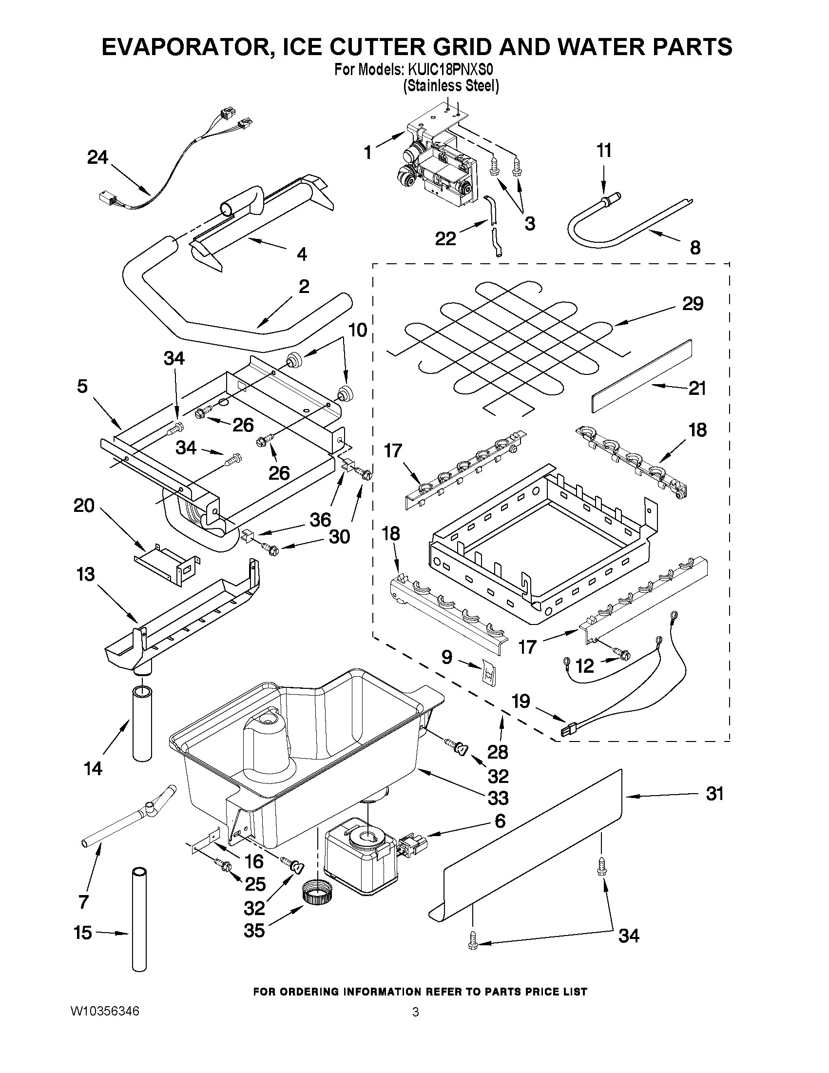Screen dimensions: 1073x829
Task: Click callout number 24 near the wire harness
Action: point(97,157)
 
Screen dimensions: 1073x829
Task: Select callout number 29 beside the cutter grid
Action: point(693,304)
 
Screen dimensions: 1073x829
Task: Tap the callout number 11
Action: point(604,150)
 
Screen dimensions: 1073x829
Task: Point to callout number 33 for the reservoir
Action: point(498,798)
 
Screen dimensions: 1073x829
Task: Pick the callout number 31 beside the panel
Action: point(714,794)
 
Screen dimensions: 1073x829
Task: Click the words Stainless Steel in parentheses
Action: point(451,86)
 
